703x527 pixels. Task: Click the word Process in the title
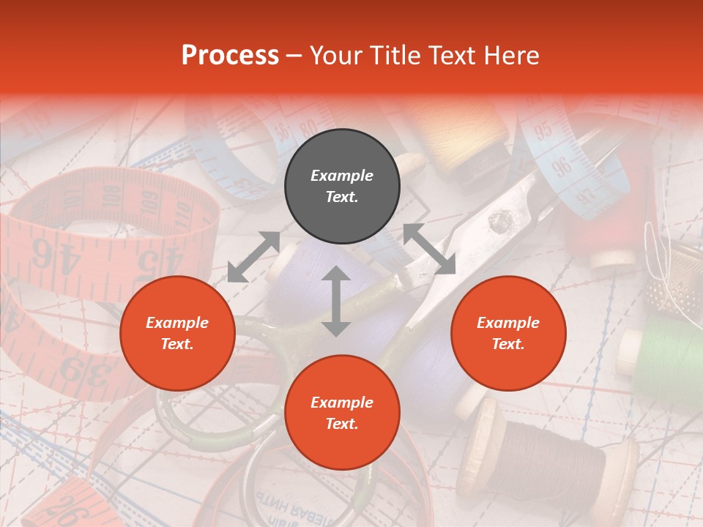click(230, 56)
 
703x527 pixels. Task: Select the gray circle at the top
click(342, 187)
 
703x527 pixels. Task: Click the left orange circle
click(177, 334)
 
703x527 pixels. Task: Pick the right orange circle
click(508, 334)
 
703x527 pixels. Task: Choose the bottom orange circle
click(342, 413)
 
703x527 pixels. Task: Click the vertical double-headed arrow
click(336, 301)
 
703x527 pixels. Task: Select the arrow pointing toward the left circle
click(253, 256)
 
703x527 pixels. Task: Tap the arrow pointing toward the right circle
click(429, 249)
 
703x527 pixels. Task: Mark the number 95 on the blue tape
click(543, 132)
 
